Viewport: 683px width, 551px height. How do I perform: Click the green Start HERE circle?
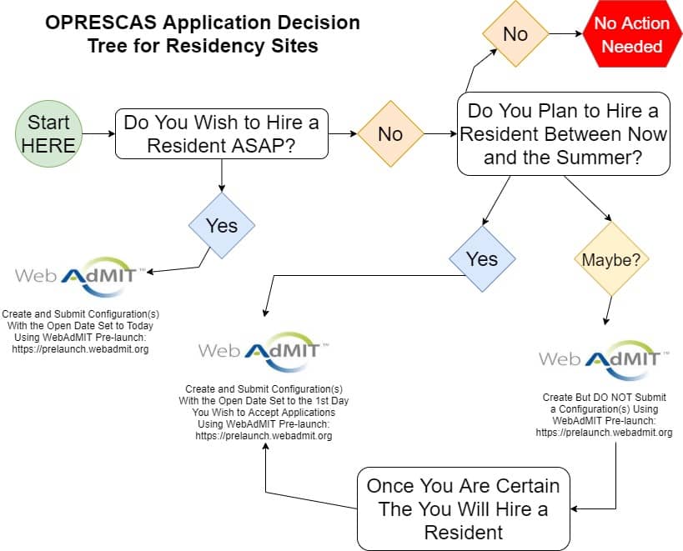(48, 133)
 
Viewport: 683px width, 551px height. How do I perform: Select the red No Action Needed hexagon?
(632, 34)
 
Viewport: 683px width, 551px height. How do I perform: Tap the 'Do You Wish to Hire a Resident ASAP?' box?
(222, 133)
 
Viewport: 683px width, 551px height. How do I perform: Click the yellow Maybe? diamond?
(611, 259)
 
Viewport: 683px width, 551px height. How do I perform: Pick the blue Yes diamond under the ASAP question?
(222, 225)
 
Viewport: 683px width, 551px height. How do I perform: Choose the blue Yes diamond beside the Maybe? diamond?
(482, 259)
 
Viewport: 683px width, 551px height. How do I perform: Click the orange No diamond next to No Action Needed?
(515, 34)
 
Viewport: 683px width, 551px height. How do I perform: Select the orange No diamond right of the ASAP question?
(390, 133)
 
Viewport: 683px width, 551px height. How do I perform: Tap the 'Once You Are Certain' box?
(464, 508)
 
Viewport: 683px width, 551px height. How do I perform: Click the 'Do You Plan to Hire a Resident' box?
(564, 133)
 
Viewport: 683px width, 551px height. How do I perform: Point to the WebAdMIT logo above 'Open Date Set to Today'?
(75, 277)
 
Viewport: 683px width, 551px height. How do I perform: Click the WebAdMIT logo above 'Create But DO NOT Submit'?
(603, 360)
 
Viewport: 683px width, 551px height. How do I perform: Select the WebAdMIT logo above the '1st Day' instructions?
(263, 352)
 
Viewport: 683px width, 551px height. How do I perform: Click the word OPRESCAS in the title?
(101, 23)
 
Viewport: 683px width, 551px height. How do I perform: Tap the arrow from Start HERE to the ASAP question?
(99, 133)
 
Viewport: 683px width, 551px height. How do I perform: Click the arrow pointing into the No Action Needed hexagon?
(565, 33)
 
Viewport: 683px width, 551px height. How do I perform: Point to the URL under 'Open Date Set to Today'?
(80, 349)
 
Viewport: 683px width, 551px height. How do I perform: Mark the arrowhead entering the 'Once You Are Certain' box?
(573, 508)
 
